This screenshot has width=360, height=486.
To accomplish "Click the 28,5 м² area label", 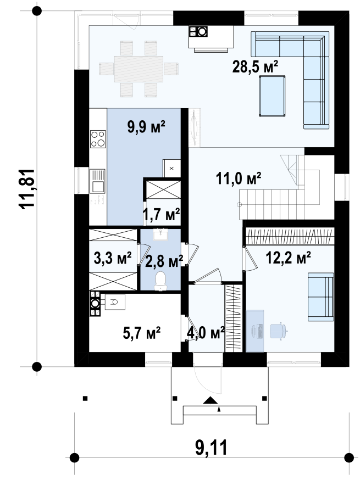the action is (255, 66).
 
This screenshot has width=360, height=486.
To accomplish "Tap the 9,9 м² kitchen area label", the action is (146, 127).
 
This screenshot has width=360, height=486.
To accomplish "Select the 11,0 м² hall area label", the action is (239, 178).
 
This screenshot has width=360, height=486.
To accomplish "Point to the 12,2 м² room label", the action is (289, 258).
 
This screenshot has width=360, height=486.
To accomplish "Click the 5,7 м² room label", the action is (142, 333).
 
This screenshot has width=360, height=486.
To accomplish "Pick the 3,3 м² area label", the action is (113, 258).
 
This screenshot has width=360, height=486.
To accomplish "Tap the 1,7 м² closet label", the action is (162, 214).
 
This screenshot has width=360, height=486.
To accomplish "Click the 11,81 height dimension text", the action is (26, 189).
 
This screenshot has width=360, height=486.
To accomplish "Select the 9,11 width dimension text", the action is (212, 447).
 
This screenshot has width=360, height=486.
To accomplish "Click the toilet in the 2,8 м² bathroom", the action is (160, 281).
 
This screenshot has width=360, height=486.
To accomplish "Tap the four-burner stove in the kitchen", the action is (98, 139).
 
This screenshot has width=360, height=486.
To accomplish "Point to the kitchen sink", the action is (97, 181).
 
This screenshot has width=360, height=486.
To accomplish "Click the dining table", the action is (139, 69).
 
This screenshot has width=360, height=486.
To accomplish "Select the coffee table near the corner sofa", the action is (272, 96).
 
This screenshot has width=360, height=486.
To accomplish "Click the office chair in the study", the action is (278, 331).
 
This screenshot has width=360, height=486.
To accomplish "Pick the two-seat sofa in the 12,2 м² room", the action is (321, 297).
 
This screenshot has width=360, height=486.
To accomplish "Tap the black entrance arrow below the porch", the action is (211, 400).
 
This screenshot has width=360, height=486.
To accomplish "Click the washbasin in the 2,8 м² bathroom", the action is (160, 234).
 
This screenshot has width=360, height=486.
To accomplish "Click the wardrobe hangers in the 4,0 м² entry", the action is (234, 319).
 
